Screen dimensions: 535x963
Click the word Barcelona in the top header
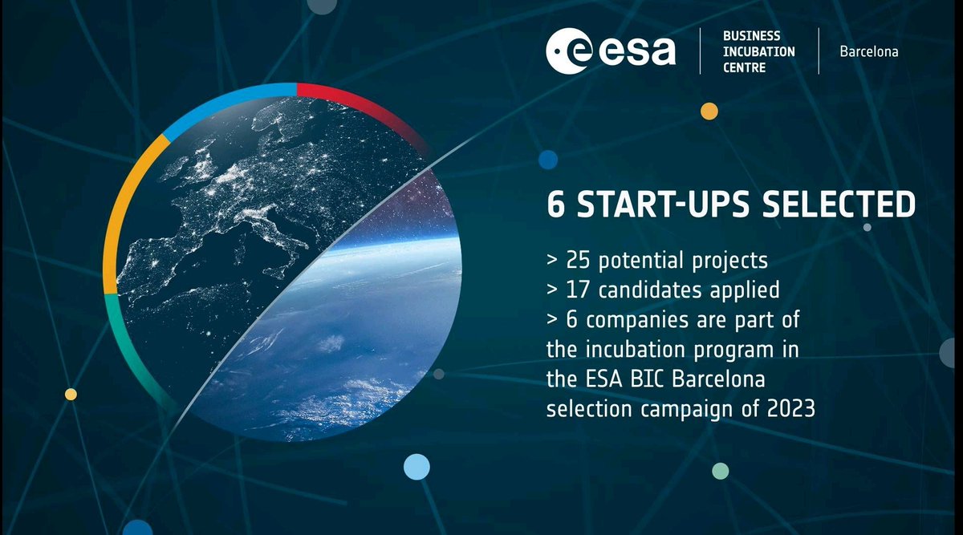pos(868,51)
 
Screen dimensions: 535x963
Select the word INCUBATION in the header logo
pos(758,51)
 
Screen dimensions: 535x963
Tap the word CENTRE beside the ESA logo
pos(744,67)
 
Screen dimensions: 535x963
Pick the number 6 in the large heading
pos(555,205)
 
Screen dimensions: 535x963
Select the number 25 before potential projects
pos(579,261)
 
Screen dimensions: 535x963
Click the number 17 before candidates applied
pos(578,290)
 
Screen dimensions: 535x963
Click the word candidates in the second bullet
pos(642,290)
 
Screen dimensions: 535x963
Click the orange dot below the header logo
pos(709,111)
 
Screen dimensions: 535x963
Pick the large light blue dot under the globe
pos(416,466)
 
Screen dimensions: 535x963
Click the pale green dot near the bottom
pos(721,471)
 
